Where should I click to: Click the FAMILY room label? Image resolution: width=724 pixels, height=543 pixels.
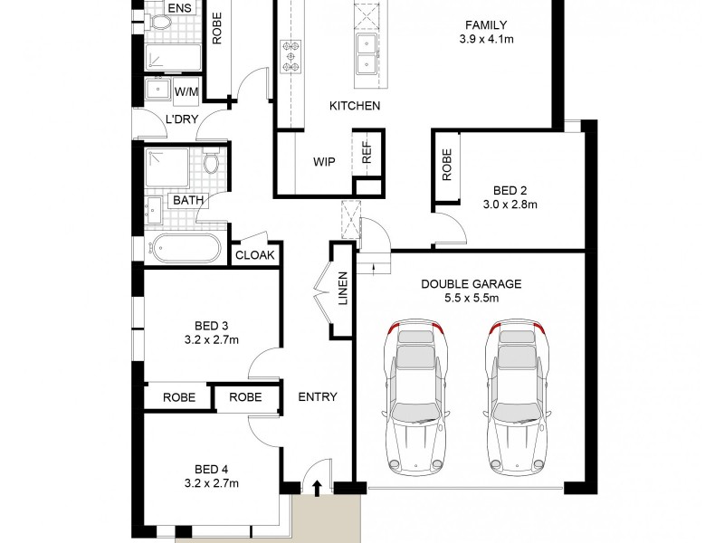486,25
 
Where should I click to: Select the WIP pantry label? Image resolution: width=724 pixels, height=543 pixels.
324,163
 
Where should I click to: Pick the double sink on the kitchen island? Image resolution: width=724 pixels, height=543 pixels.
367,53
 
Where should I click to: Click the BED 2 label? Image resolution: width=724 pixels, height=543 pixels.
510,190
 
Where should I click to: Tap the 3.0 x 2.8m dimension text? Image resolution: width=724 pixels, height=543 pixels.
510,205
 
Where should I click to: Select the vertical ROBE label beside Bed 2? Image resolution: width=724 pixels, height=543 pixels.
447,164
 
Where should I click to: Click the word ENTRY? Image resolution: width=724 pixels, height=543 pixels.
317,396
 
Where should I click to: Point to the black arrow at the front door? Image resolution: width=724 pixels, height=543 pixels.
317,490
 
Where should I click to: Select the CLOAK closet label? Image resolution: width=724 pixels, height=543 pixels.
254,256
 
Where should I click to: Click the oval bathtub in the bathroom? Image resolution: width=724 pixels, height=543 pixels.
186,248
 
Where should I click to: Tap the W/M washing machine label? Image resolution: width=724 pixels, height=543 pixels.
186,91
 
